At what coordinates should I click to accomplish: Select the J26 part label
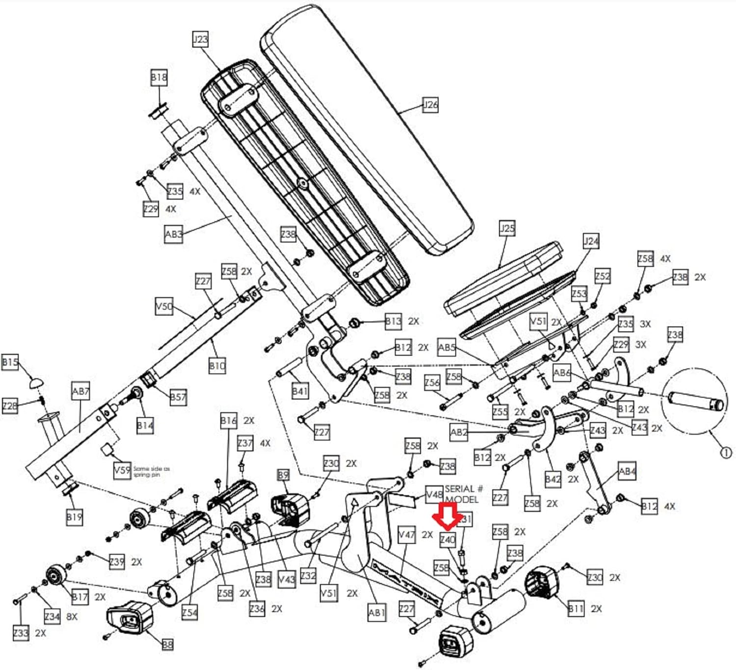click(x=430, y=105)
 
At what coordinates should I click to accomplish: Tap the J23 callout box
click(x=200, y=39)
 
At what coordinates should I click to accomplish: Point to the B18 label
click(x=158, y=78)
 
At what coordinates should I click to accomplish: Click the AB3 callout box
click(x=173, y=234)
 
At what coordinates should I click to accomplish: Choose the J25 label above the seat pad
click(x=507, y=228)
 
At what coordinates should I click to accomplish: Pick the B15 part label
click(x=10, y=362)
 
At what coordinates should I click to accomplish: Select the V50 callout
click(x=164, y=307)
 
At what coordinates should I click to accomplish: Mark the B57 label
click(x=178, y=397)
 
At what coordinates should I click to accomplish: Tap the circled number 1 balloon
click(x=726, y=453)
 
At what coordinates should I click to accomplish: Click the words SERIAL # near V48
click(x=464, y=489)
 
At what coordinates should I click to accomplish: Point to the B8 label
click(x=167, y=644)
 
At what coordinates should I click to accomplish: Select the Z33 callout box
click(x=21, y=633)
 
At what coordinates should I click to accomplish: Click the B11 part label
click(x=576, y=609)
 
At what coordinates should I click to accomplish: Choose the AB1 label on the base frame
click(x=376, y=612)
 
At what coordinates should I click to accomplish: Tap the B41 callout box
click(x=300, y=391)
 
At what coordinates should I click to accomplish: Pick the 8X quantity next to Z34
click(x=72, y=616)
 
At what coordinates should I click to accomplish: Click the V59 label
click(x=122, y=470)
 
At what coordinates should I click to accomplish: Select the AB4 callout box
click(x=627, y=472)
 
